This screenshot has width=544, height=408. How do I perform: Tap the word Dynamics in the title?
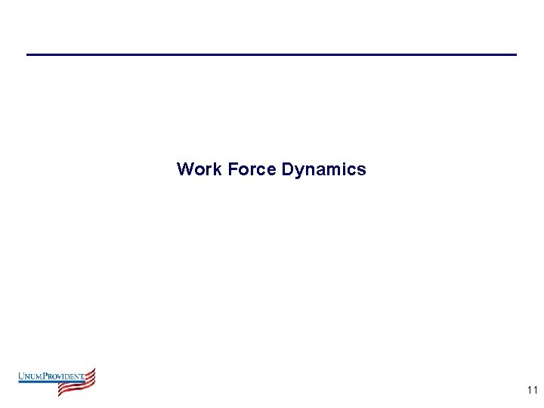tap(323, 170)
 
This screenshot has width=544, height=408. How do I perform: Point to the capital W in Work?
tap(184, 169)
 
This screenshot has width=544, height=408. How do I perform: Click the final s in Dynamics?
tap(362, 171)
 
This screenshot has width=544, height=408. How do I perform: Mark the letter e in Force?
tap(272, 171)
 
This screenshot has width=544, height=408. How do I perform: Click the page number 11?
tap(532, 391)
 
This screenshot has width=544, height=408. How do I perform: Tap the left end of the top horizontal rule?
tap(28, 54)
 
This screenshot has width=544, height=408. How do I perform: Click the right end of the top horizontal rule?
tap(515, 54)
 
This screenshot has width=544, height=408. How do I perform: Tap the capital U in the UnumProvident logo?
tap(21, 376)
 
